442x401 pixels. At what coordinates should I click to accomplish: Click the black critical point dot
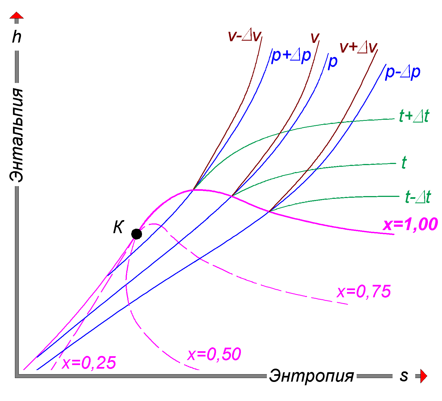coord(136,234)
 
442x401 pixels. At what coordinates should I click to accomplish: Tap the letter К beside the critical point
coord(119,227)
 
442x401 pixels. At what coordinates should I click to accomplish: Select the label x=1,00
coord(410,224)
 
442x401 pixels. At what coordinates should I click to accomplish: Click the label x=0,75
coord(364,291)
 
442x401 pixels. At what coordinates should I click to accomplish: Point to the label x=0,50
coord(214,354)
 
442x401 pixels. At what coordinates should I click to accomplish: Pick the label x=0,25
coord(89,363)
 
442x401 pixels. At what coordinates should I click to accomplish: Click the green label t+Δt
coord(414,116)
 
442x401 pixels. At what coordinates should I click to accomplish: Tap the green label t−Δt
coord(418,197)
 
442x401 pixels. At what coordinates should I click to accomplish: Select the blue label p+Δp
coord(291,56)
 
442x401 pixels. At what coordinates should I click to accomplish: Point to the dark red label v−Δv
coord(245,36)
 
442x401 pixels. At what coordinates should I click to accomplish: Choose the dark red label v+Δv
coord(358,47)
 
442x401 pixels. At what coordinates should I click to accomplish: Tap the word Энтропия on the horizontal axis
coord(311,376)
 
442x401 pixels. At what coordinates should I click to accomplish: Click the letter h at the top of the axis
coord(17,37)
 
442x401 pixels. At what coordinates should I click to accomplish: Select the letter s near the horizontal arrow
coord(404,376)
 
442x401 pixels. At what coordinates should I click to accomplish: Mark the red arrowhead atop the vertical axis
coord(17,15)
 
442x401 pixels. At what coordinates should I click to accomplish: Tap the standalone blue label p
coord(333,62)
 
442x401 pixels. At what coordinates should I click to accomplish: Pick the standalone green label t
coord(404,163)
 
